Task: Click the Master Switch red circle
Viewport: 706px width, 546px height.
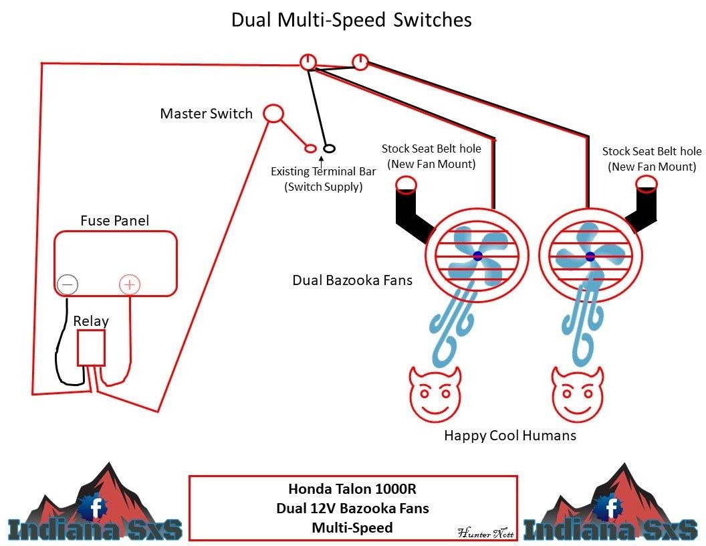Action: tap(273, 113)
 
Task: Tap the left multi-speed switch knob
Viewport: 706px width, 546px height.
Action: tap(307, 62)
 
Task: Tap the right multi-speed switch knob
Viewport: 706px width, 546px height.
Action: tap(360, 62)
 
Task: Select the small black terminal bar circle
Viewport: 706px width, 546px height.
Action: tap(329, 149)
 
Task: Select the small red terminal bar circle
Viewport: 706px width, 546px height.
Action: tap(310, 149)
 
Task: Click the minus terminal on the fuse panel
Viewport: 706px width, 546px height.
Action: tap(67, 285)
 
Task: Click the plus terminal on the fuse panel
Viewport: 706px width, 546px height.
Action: tap(130, 285)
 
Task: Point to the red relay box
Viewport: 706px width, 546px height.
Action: tap(91, 348)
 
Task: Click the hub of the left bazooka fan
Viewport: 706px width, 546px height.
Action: tap(478, 256)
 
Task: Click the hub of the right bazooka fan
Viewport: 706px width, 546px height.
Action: tap(590, 256)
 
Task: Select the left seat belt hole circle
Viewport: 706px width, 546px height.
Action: tap(405, 183)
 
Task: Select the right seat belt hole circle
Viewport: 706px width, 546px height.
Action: tap(646, 183)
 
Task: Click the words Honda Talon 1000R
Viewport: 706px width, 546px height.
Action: tap(352, 488)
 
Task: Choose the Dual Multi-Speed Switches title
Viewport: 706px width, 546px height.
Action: tap(352, 19)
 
